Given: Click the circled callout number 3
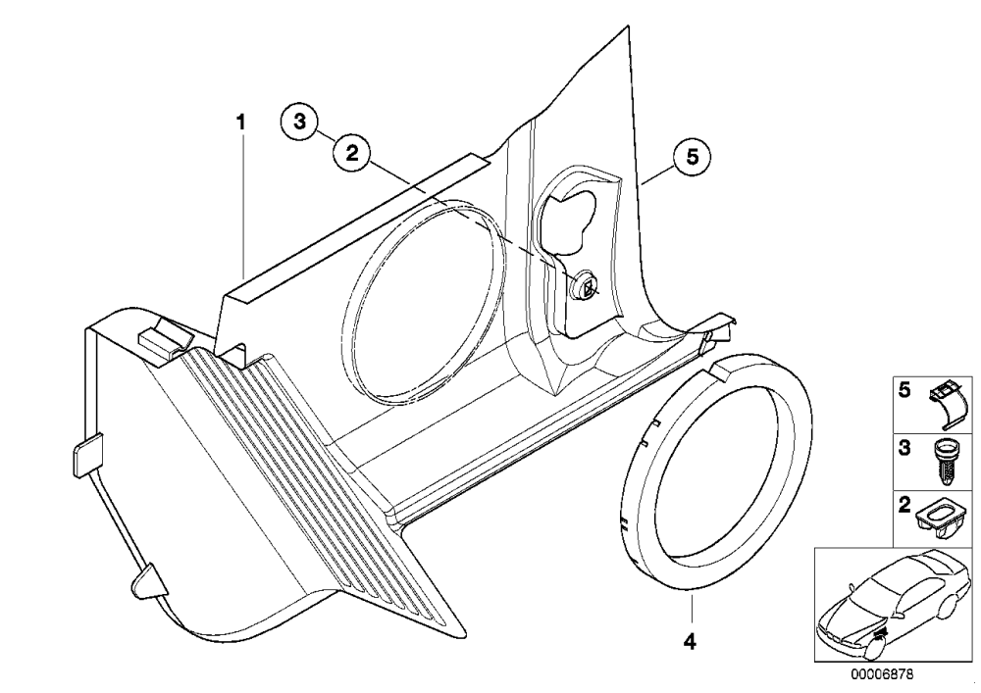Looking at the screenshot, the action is point(299,122).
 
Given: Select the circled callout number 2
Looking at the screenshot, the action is point(352,153).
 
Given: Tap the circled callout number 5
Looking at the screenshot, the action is point(692,157).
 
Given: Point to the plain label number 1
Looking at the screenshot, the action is point(241,122).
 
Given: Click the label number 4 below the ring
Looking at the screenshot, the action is point(690,641).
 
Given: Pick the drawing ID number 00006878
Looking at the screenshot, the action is point(882,675).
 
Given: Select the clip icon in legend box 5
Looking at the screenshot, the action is point(949,404).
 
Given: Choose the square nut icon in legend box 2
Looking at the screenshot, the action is point(942,520).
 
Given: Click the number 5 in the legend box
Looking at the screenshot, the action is point(904,391).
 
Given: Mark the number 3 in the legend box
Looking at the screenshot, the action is point(904,448).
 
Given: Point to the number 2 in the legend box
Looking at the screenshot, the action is point(904,505).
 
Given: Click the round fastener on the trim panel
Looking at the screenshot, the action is point(586,286).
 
